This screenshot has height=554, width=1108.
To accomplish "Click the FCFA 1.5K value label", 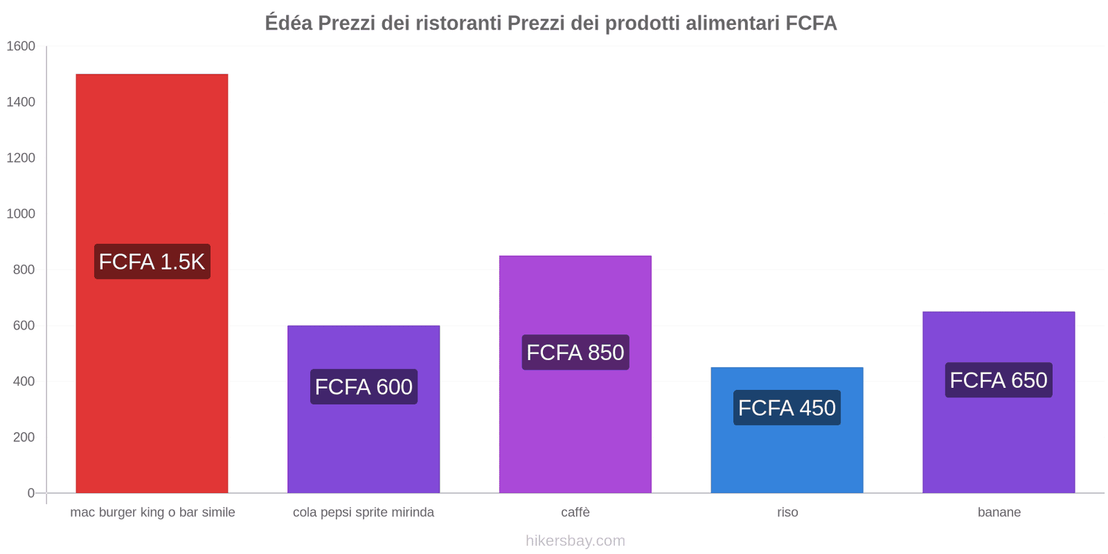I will [x=152, y=262].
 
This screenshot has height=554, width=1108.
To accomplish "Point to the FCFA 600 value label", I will [x=364, y=386].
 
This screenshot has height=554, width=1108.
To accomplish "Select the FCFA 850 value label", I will [x=575, y=352].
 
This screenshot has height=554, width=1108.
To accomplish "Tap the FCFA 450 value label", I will [x=787, y=408].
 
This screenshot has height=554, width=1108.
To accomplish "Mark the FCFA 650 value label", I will [x=999, y=380].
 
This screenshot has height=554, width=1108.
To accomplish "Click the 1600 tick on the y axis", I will [x=21, y=46].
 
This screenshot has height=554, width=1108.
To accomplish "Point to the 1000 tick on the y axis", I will [x=21, y=214].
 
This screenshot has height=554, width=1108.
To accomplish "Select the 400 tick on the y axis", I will [x=24, y=382].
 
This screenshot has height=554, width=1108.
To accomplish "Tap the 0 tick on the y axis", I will [x=30, y=493].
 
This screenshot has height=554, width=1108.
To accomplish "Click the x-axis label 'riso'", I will [x=787, y=512].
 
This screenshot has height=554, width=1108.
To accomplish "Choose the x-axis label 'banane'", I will [x=999, y=512].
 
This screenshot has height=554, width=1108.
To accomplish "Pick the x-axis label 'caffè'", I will [x=575, y=512].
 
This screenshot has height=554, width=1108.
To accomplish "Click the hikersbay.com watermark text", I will [x=575, y=541].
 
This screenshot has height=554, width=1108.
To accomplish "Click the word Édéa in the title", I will [x=289, y=24].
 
